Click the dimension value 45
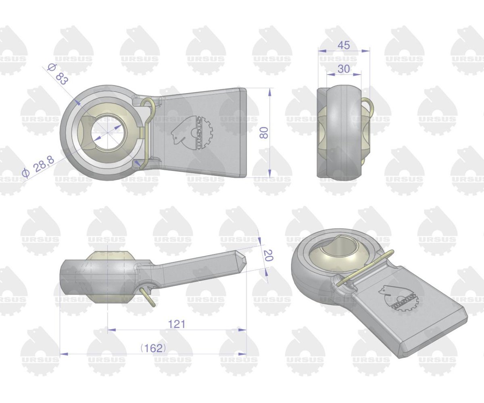point(344,46)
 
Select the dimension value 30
point(344,69)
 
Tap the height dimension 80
point(264,133)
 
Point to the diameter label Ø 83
point(58,74)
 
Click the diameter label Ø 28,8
point(38,166)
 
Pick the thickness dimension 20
point(267,255)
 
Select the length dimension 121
point(177,324)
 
